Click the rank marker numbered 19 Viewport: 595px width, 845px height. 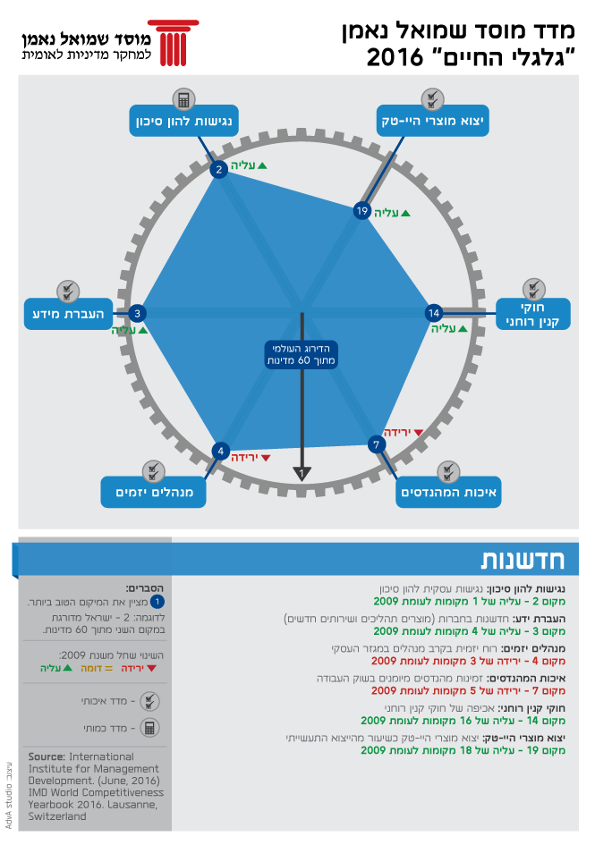tap(361, 211)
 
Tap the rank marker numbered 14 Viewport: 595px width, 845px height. tap(434, 313)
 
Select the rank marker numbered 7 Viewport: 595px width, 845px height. tap(377, 444)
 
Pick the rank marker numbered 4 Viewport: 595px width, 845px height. tap(220, 452)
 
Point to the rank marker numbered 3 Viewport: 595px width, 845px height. tap(137, 313)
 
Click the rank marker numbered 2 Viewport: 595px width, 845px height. tap(217, 169)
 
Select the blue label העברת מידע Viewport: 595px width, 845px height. tap(68, 313)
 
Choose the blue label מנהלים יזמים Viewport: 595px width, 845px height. tap(154, 492)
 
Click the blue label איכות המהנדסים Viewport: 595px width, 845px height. tap(449, 492)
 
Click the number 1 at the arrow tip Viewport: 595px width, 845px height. tap(302, 471)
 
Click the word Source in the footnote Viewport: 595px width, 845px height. tap(47, 756)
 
